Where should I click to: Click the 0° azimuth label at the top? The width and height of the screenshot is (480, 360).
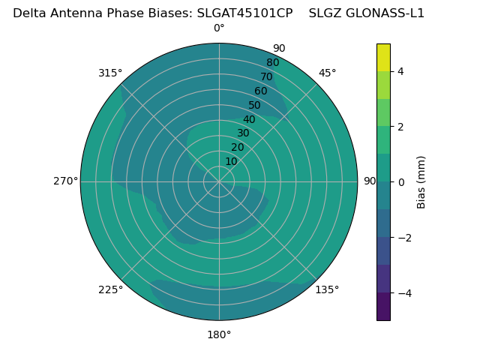click(219, 28)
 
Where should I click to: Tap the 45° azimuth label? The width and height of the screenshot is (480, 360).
click(327, 73)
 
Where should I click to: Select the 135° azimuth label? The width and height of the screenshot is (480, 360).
click(327, 289)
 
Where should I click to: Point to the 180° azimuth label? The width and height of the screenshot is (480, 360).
click(219, 334)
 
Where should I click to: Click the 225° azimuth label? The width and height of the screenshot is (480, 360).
click(110, 289)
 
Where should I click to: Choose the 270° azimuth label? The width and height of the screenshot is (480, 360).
click(65, 181)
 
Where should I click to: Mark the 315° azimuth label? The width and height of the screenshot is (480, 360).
click(110, 73)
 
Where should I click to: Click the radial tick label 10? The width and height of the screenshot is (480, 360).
click(231, 161)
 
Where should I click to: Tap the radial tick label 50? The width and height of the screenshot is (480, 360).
click(255, 106)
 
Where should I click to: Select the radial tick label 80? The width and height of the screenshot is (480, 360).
click(273, 63)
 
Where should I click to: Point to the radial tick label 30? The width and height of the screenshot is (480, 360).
click(243, 133)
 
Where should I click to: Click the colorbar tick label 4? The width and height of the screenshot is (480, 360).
click(400, 71)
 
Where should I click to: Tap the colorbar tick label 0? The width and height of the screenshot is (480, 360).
click(400, 182)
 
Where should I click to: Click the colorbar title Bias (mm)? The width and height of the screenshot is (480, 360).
click(421, 182)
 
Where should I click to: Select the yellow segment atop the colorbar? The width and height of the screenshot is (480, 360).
click(383, 58)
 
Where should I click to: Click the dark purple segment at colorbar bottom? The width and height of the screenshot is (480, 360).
click(383, 306)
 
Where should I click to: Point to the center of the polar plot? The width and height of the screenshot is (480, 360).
click(219, 181)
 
